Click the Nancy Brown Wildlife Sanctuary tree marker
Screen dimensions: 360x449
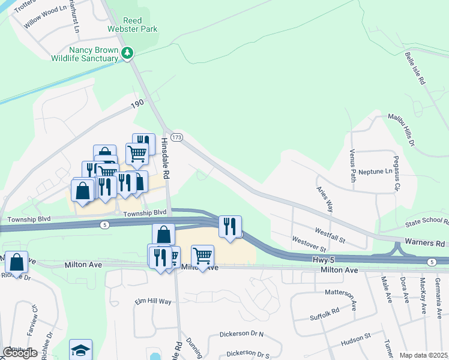pyautogui.click(x=127, y=53)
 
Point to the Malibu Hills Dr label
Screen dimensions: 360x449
pyautogui.click(x=402, y=130)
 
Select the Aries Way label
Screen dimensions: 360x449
pyautogui.click(x=325, y=198)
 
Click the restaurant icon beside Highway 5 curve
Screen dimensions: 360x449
pyautogui.click(x=230, y=226)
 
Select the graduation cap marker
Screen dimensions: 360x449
pyautogui.click(x=80, y=350)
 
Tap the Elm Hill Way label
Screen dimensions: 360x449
pyautogui.click(x=153, y=301)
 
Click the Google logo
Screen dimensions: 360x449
pyautogui.click(x=20, y=353)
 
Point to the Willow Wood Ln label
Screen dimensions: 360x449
pyautogui.click(x=45, y=18)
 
